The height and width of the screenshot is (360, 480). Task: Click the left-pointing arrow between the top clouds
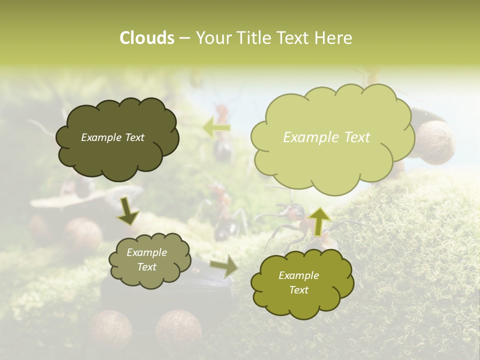tap(216, 128)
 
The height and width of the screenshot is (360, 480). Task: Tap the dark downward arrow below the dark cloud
tap(128, 211)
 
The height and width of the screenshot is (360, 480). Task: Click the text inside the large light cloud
tap(326, 137)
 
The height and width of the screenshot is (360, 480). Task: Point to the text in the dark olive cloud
tap(112, 137)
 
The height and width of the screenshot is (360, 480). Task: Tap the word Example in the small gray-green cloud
tap(146, 252)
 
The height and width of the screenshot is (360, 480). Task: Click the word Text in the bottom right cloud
tap(298, 290)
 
